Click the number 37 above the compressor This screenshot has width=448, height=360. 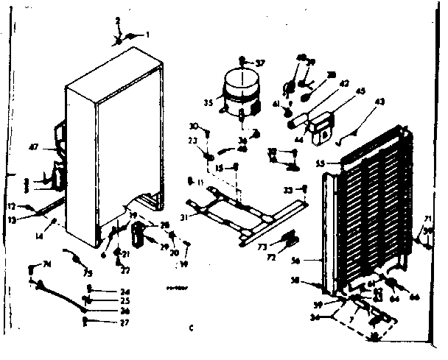click(259, 63)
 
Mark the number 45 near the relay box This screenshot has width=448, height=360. click(340, 92)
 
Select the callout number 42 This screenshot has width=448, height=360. click(323, 84)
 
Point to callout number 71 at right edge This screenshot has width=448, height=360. click(427, 218)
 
